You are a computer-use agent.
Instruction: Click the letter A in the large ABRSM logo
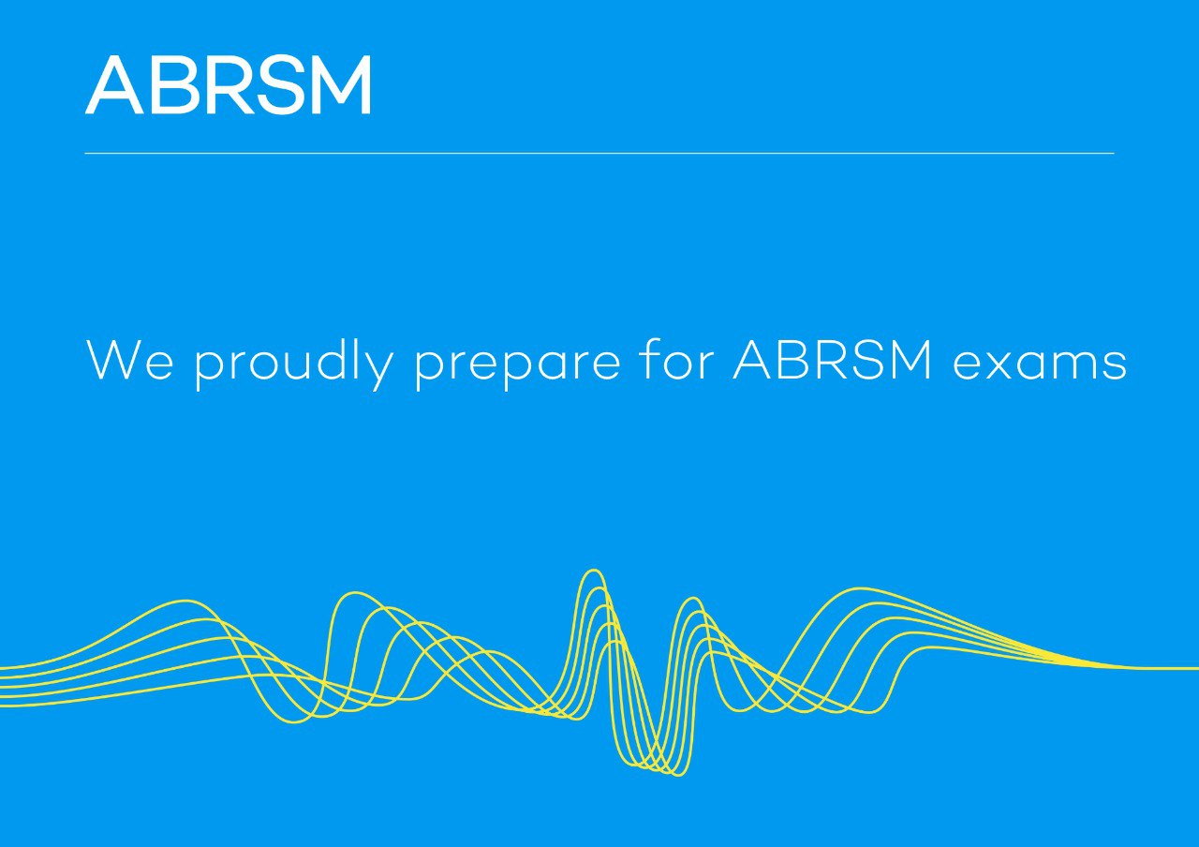coord(115,85)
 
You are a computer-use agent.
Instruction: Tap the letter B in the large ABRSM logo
coord(173,85)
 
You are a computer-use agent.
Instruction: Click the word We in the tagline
coord(129,360)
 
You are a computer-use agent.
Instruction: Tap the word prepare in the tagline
coord(517,364)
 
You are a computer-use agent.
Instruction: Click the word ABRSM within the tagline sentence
coord(834,360)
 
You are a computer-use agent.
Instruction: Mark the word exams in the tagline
coord(1040,364)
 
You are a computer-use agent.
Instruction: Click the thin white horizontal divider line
coord(599,153)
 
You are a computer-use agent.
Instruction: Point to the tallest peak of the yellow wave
coord(592,571)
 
